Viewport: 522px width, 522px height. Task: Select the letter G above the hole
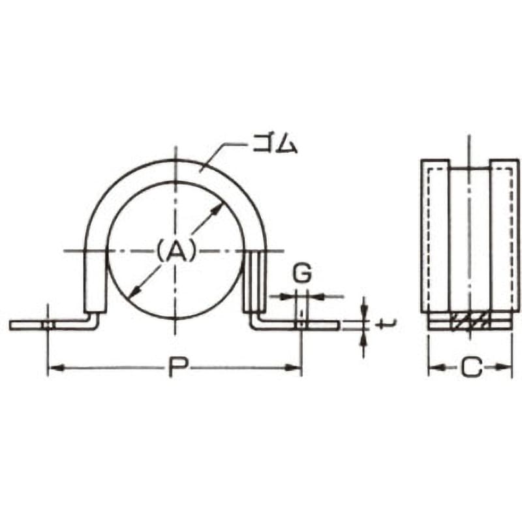(302, 273)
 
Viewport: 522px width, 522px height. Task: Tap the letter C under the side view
(471, 367)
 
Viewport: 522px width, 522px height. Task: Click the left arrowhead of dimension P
(56, 367)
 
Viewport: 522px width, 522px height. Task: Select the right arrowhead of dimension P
(294, 367)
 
